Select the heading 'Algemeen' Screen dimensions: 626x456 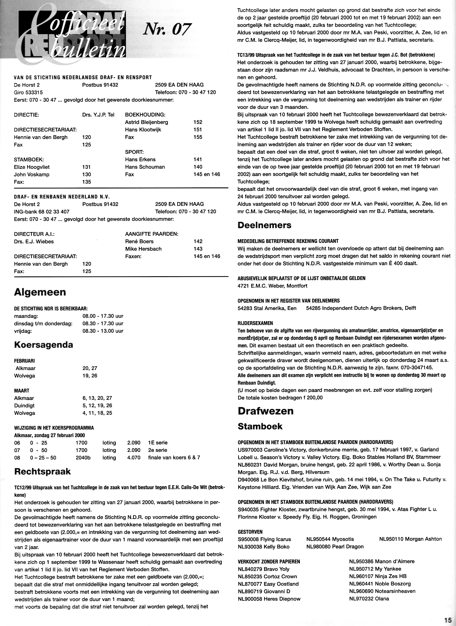[40, 292]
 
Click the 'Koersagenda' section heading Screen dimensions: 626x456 [44, 345]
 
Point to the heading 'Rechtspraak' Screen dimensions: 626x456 [43, 471]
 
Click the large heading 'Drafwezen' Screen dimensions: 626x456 [266, 411]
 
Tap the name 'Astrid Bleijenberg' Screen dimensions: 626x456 [147, 122]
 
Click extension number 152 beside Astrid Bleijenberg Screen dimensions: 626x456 [198, 122]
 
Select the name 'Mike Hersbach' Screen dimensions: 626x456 [143, 249]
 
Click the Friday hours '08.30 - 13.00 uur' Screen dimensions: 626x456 [103, 331]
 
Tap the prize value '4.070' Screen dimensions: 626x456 [134, 458]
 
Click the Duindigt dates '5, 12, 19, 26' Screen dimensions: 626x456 [97, 406]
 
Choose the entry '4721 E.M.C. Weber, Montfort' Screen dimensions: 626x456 [272, 286]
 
